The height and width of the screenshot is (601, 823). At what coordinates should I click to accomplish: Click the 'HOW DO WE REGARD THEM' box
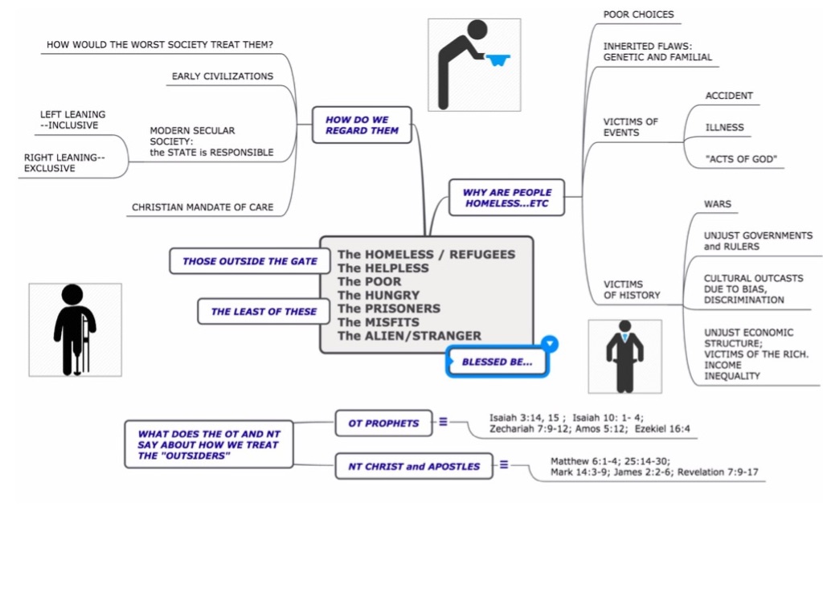tap(362, 125)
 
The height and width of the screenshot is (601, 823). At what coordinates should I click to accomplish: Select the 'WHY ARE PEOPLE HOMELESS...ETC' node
tap(507, 198)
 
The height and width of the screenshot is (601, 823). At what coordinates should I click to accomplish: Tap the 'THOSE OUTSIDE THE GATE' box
tap(249, 261)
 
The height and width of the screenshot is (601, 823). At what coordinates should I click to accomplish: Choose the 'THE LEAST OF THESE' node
tap(264, 312)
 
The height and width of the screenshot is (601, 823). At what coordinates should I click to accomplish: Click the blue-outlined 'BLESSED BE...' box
tap(497, 362)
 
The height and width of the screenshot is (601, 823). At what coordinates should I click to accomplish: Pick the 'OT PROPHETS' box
tap(383, 423)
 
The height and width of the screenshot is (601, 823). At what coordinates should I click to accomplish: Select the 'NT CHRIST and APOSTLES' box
tap(414, 467)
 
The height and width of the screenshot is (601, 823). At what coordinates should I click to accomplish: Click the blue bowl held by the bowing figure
tap(499, 60)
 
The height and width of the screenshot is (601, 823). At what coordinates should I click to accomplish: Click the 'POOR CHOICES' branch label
tap(638, 14)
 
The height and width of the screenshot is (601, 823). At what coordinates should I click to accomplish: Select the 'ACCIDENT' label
tap(729, 96)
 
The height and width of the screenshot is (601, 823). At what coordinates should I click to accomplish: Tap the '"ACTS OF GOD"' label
tap(741, 159)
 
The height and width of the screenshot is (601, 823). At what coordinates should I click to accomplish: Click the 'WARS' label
tap(717, 204)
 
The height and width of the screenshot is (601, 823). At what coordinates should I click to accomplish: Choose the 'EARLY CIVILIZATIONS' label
tap(222, 76)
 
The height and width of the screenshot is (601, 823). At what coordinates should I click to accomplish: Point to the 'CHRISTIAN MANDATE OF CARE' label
tap(203, 207)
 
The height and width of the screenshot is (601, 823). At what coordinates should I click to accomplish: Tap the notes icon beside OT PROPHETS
tap(443, 421)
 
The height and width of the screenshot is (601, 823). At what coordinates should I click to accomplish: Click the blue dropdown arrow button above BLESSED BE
tap(550, 344)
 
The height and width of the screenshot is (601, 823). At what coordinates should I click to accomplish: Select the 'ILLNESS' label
tap(724, 127)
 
